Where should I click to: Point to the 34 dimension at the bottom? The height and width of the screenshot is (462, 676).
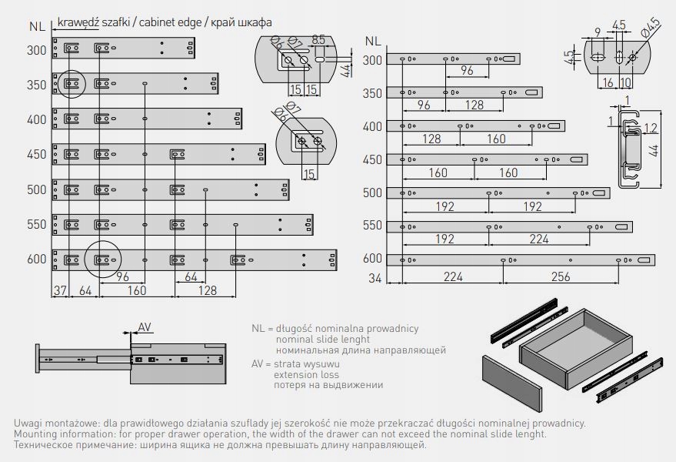coord(375,277)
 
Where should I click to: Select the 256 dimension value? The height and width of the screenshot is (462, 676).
coord(561,277)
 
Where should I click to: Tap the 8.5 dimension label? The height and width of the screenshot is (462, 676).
coord(320,38)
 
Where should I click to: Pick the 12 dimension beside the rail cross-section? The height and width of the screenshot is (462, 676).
coord(650,128)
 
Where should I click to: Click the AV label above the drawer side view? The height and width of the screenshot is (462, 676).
coord(145,326)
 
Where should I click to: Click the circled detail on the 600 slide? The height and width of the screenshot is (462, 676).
coord(102,259)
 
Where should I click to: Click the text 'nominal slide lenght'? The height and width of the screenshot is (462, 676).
coord(322,340)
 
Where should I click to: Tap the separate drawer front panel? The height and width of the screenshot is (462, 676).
coord(514,382)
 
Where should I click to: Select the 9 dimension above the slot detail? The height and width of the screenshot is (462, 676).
coord(598,32)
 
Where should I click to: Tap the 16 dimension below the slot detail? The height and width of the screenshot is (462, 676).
coord(608,82)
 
